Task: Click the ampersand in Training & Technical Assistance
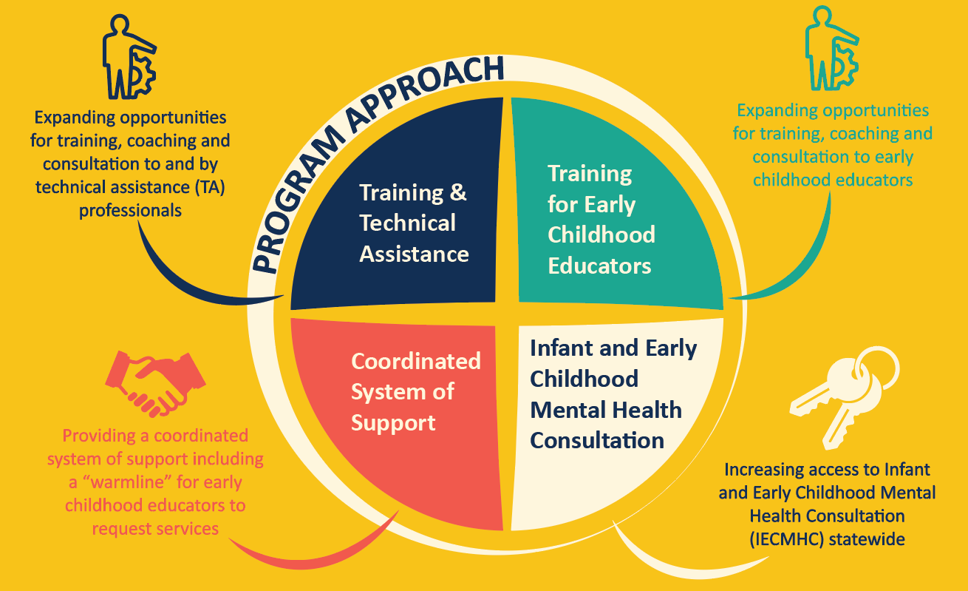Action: point(458,192)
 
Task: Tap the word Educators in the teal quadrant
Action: point(599,266)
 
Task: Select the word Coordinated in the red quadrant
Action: point(415,361)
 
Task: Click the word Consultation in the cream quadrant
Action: point(597,440)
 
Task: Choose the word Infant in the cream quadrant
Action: point(564,348)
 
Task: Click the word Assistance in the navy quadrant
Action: point(414,254)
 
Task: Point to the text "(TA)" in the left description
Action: point(208,187)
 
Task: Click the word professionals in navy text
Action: point(130,210)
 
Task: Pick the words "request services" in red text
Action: point(155,528)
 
